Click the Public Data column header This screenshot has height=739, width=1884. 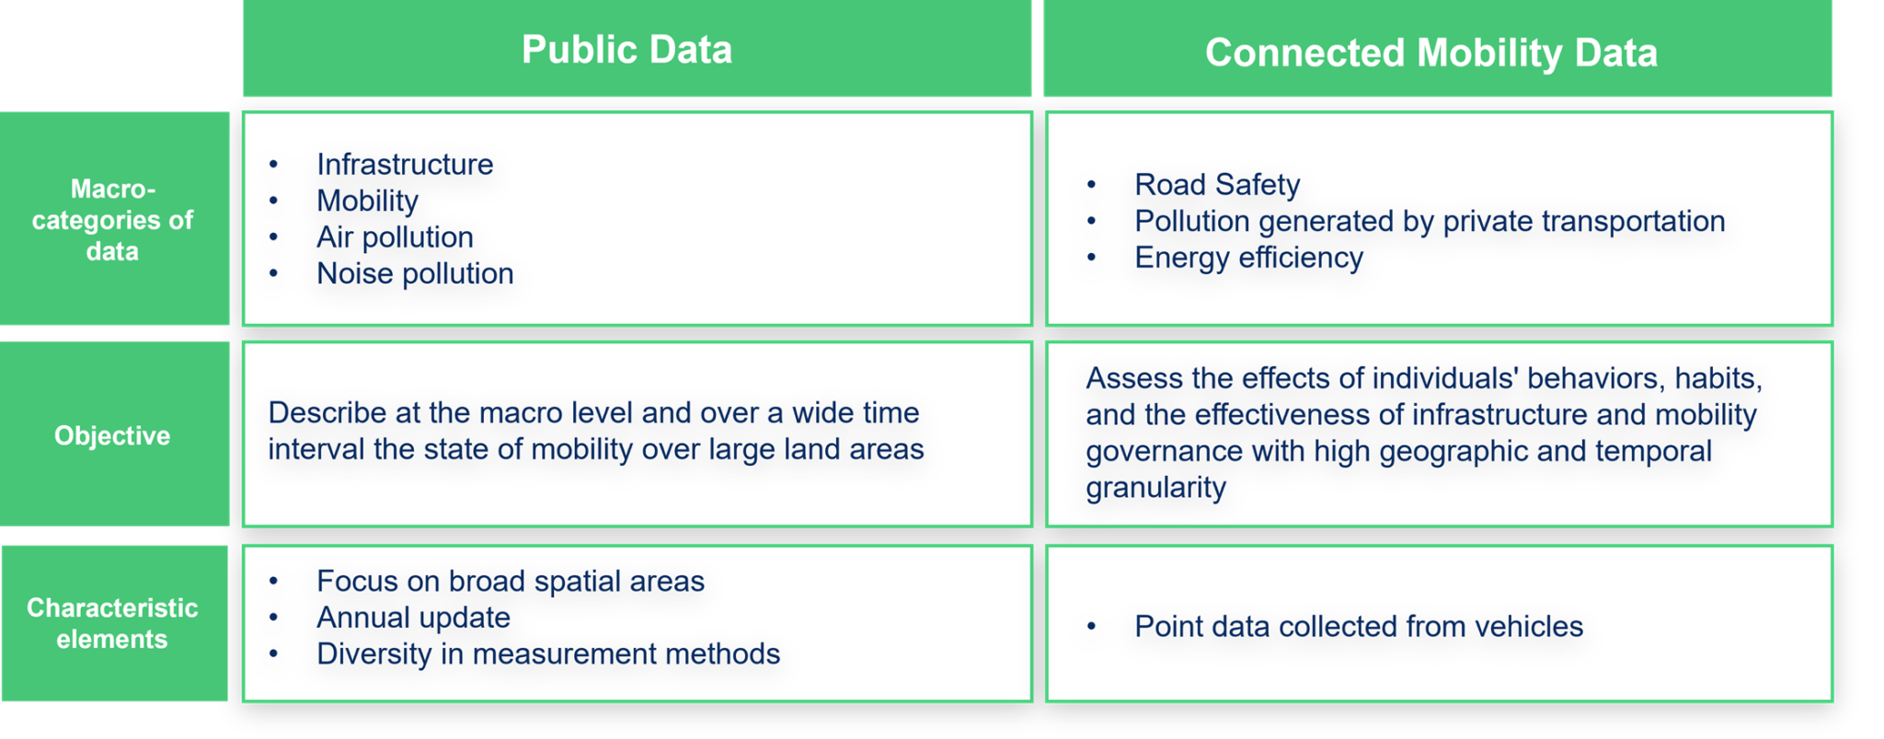coord(626,50)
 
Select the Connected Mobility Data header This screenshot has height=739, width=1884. coord(1430,52)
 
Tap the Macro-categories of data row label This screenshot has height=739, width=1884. coord(112,220)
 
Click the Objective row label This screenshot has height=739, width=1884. coord(112,435)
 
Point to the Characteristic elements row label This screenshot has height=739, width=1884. coord(112,623)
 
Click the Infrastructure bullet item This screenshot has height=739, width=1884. coord(405,164)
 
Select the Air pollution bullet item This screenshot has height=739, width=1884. coord(395,237)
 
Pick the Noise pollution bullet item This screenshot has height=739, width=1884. coord(415,273)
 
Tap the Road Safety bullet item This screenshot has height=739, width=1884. coord(1217,184)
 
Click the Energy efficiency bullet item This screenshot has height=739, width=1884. coord(1248,257)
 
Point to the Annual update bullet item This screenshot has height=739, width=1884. coord(413,617)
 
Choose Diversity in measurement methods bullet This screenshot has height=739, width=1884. coord(548,653)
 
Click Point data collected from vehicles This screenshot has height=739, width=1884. coord(1359,626)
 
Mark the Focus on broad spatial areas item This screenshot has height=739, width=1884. coord(511,581)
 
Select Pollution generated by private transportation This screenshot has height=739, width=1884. coord(1430,221)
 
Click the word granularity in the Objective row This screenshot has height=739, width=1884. coord(1155,487)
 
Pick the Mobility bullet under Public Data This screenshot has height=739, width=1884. coord(367,201)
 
